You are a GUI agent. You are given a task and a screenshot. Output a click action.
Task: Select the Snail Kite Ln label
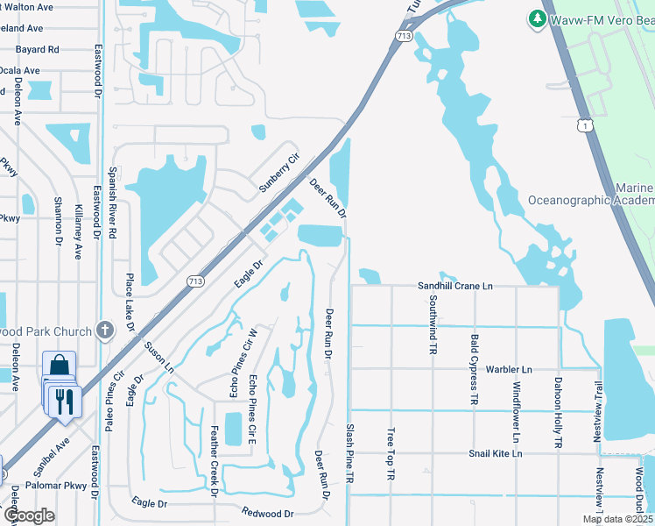495,453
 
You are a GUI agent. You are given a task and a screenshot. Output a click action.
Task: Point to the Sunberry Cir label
278,172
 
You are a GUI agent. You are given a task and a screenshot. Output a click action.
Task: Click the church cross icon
105,331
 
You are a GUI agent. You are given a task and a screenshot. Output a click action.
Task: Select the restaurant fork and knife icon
64,400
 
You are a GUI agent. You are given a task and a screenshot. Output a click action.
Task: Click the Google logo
29,515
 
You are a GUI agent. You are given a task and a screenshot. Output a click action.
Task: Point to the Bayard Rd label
37,50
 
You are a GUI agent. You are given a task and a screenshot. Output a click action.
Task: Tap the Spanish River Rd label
113,203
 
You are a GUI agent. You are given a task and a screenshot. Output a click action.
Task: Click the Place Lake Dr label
130,301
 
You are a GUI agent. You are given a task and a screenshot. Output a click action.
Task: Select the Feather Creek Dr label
215,461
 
